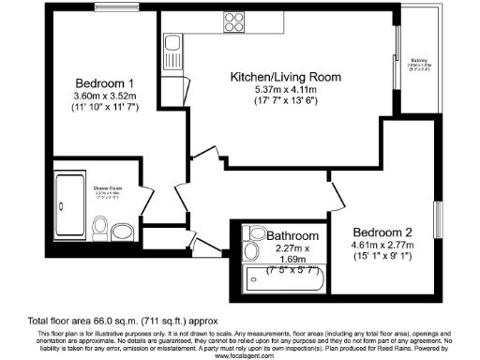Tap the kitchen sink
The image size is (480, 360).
pyautogui.click(x=172, y=42)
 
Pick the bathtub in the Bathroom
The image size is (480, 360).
pyautogui.click(x=283, y=279)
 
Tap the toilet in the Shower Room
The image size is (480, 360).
pyautogui.click(x=121, y=231)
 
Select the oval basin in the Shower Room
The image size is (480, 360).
pyautogui.click(x=100, y=225)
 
